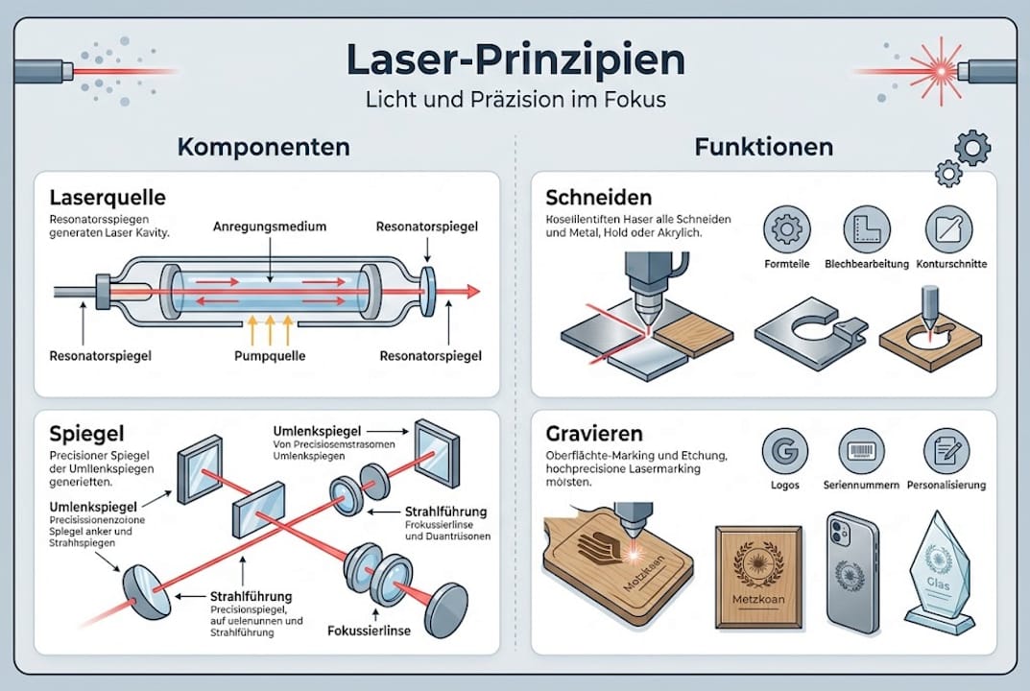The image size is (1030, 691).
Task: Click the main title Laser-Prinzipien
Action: tap(515, 60)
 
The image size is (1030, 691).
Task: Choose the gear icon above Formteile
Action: tap(785, 229)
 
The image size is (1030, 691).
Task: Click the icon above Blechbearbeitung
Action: tap(867, 229)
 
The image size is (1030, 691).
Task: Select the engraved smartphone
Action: tap(851, 572)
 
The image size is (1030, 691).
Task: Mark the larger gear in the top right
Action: tap(972, 148)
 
